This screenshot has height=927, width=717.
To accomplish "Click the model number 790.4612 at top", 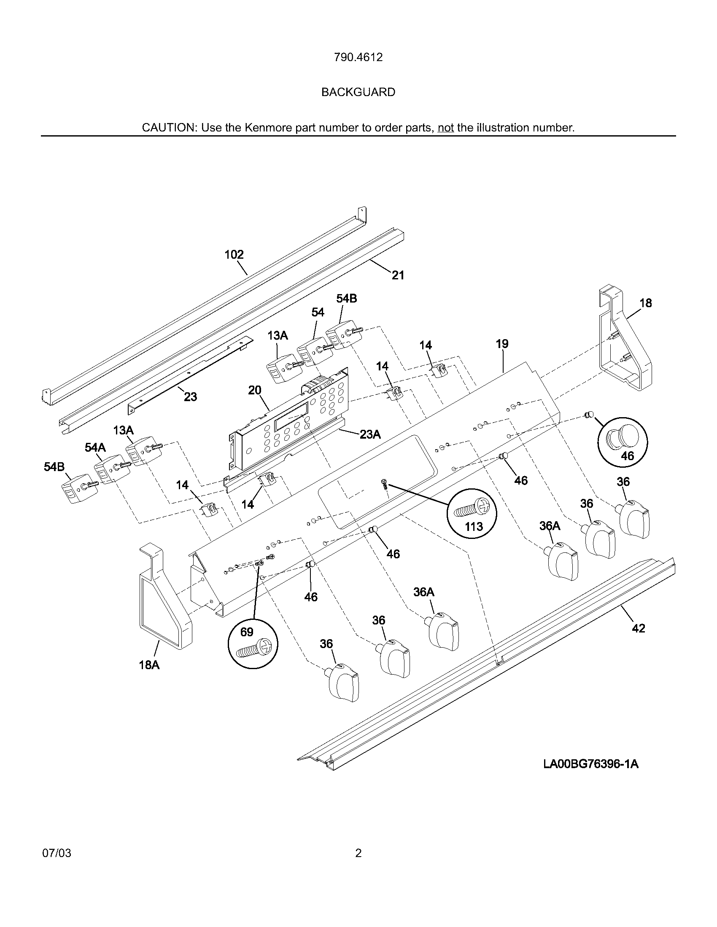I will [x=358, y=57].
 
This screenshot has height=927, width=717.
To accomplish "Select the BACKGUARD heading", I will [x=358, y=92].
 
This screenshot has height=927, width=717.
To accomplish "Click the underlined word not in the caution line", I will [x=445, y=128].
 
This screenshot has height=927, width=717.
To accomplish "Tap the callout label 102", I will [x=234, y=255].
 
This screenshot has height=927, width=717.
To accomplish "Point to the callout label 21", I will [x=398, y=276].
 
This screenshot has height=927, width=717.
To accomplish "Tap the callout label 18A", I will [x=149, y=665].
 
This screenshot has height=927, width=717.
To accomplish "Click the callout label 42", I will [x=639, y=628].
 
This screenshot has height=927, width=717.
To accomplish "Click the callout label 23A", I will [x=370, y=434].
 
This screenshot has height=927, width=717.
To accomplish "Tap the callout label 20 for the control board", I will [x=254, y=390].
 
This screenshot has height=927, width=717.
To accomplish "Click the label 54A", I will [x=95, y=447].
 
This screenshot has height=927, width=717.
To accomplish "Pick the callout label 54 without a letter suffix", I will [x=318, y=312].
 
